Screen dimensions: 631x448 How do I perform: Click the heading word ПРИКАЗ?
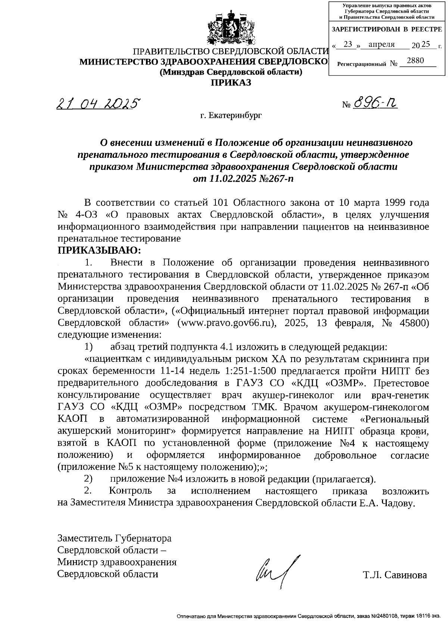(x=231, y=82)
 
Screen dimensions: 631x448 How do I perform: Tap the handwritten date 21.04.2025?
(x=98, y=103)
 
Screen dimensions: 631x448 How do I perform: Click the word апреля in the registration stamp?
(x=381, y=44)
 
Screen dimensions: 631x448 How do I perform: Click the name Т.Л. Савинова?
(x=395, y=575)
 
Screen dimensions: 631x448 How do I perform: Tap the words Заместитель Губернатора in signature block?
(x=114, y=538)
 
